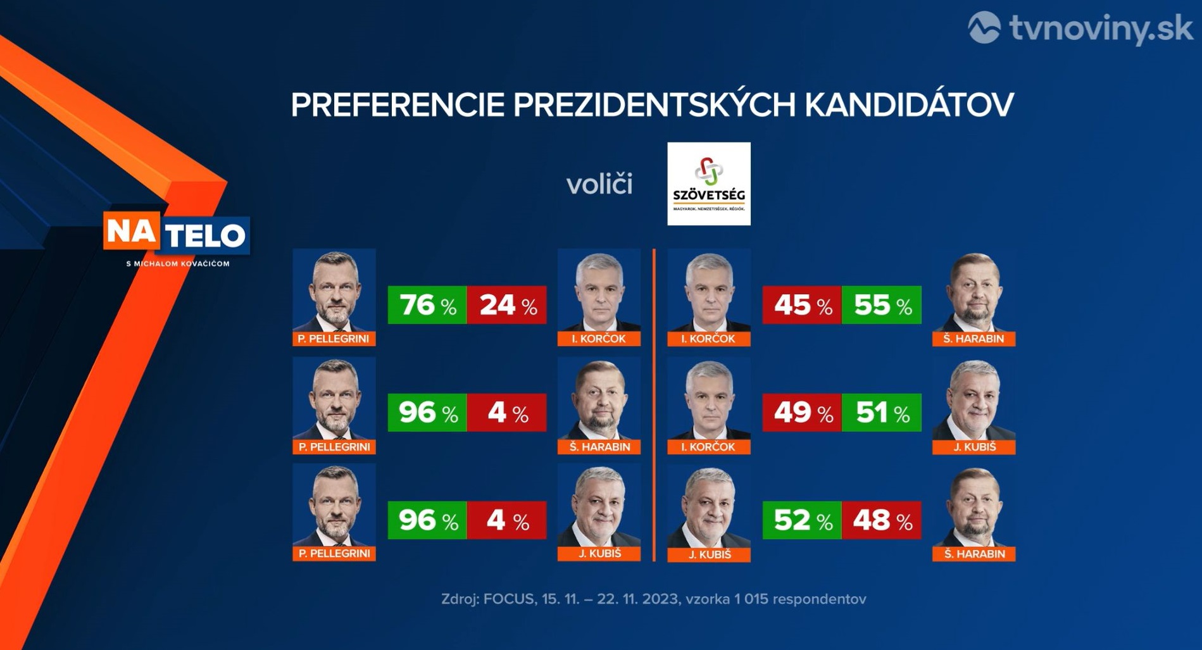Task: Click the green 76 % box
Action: click(427, 305)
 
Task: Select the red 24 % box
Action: click(506, 305)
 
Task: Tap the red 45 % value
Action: click(802, 305)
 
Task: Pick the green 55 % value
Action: click(882, 305)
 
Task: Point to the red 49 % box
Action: click(802, 413)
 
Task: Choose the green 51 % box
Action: click(882, 413)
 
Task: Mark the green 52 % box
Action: click(802, 520)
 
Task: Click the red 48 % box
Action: click(882, 520)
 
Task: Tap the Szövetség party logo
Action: click(709, 184)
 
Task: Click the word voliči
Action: click(599, 184)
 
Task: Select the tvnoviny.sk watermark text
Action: click(1101, 28)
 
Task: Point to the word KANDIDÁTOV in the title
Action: click(909, 105)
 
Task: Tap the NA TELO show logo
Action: click(177, 234)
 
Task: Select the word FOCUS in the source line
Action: click(508, 599)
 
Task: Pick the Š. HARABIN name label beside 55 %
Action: click(973, 339)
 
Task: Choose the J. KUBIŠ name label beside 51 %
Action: click(973, 447)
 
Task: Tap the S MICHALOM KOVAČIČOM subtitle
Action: click(177, 263)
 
